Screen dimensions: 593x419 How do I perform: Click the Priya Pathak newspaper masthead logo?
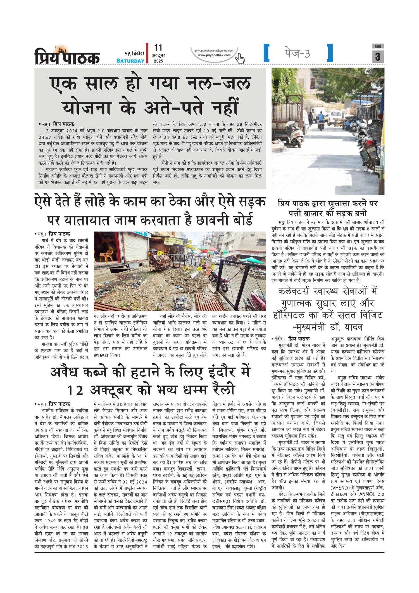[67, 55]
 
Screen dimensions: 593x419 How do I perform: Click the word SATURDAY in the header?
[130, 61]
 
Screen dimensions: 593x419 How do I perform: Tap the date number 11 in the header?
[158, 48]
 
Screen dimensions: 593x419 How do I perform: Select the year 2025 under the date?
[158, 61]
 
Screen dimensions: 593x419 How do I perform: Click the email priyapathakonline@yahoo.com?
[214, 51]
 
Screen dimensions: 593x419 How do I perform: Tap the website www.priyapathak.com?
[214, 55]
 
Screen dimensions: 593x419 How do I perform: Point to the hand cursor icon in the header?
[240, 58]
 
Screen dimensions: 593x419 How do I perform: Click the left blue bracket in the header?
[266, 53]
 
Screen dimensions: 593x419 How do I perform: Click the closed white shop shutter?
[135, 246]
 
